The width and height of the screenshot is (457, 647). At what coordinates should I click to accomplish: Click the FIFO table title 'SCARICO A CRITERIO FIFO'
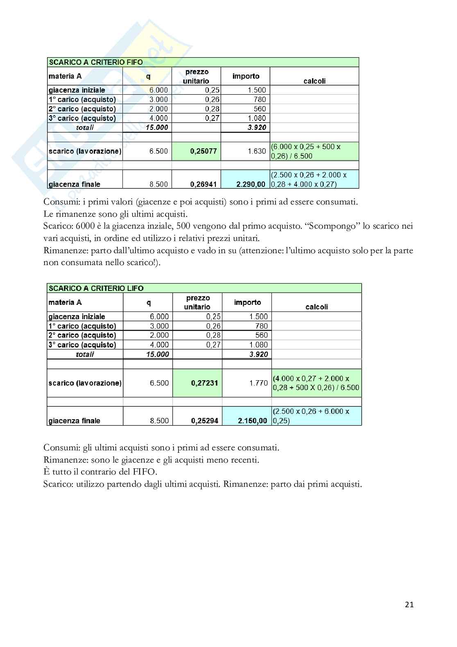coord(96,62)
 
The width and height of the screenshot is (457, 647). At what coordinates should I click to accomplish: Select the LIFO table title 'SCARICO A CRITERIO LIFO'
coord(96,288)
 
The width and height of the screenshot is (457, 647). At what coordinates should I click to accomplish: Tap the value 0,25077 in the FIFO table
coord(203,151)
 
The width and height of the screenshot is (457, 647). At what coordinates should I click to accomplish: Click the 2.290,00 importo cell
coord(251,184)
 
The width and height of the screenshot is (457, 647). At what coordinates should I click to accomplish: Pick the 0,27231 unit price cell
coord(204,383)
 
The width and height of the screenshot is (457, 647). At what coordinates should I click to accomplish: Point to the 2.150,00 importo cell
coord(252,421)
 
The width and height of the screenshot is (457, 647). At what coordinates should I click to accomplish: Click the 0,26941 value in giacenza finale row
coord(203,184)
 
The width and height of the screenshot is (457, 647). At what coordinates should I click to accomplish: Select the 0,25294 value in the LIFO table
coord(204,421)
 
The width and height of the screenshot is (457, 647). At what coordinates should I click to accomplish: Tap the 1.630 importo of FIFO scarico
coord(257,151)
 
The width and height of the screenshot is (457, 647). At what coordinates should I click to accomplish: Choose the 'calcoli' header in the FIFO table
coord(314,81)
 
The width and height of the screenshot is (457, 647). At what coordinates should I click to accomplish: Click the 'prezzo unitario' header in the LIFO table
coord(197,302)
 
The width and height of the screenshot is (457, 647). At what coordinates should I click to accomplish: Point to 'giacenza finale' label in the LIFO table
coord(75,421)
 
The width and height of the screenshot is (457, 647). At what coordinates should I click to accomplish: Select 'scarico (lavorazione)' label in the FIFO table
coord(85,151)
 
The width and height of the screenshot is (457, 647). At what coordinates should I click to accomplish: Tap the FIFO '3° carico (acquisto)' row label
coord(82,118)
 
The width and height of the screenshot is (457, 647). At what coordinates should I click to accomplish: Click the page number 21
coord(409,604)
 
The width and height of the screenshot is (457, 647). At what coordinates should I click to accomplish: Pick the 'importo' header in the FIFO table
coord(246,76)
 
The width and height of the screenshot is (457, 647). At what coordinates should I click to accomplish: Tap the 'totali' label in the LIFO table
coord(85,354)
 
